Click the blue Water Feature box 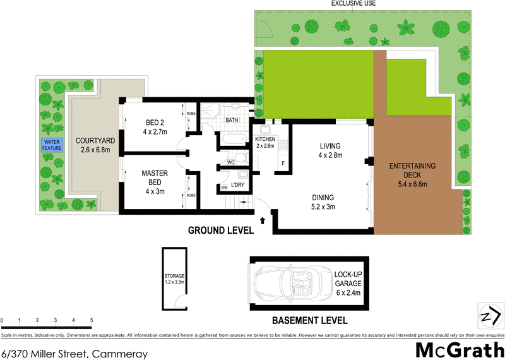click(x=52, y=145)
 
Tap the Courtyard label click(x=93, y=145)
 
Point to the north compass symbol click(x=490, y=314)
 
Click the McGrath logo click(x=458, y=349)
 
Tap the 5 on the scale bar click(x=92, y=321)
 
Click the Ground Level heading click(x=220, y=231)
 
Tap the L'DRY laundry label click(x=237, y=184)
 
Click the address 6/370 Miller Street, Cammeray click(x=74, y=353)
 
